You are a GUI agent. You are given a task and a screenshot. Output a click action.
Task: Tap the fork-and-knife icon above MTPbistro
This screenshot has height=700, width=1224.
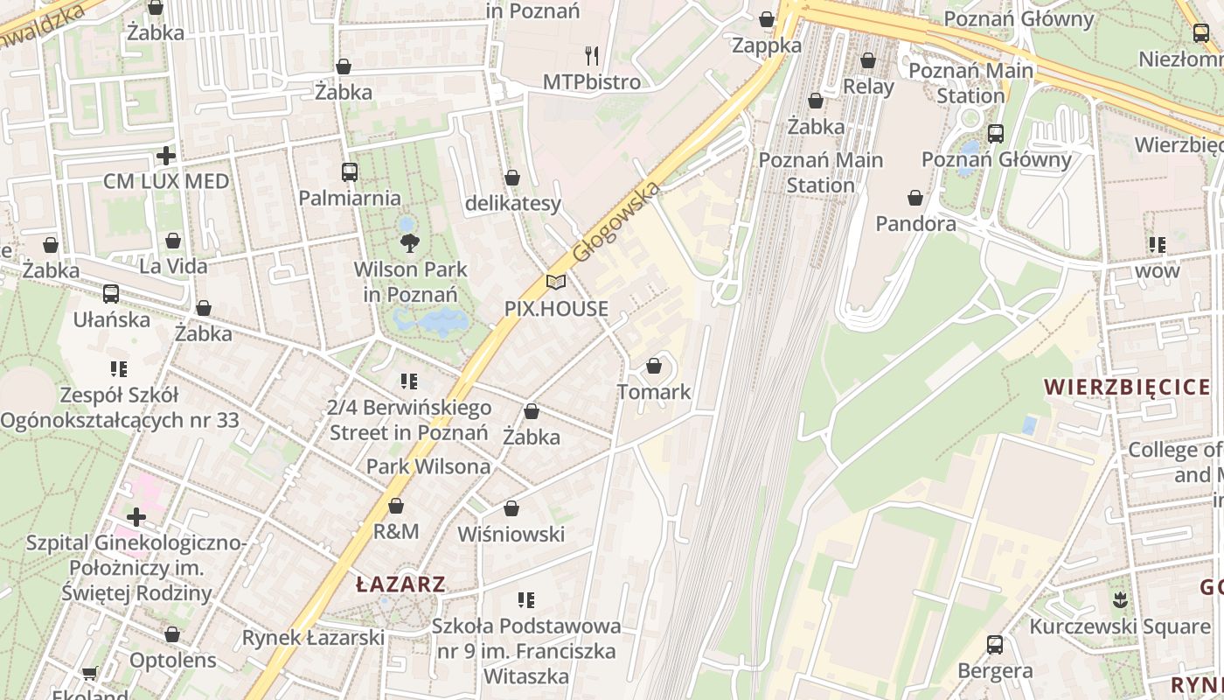(592, 56)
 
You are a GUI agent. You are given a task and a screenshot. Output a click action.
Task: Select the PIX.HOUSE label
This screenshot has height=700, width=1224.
(556, 309)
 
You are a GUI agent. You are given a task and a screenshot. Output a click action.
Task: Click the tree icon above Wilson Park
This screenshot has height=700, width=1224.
(407, 242)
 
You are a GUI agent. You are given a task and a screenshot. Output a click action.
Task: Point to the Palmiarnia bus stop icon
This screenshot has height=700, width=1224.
(350, 172)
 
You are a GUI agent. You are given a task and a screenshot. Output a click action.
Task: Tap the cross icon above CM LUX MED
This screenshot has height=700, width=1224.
(166, 156)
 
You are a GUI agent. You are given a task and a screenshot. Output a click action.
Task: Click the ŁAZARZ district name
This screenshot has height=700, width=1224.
(401, 584)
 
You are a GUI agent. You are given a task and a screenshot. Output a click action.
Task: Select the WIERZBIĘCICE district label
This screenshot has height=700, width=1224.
(1127, 387)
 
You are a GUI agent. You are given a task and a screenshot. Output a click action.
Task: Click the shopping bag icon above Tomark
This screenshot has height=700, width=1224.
(654, 366)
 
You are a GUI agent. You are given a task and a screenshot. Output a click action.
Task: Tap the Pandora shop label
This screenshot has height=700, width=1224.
(915, 224)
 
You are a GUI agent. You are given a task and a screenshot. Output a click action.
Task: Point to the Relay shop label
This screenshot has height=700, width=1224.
(868, 87)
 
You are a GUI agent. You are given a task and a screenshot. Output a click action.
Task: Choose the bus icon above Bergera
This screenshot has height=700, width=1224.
(994, 645)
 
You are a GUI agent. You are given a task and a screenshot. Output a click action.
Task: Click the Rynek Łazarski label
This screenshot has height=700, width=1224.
(313, 638)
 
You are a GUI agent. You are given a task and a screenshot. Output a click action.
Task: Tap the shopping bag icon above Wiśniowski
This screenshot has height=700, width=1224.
(511, 508)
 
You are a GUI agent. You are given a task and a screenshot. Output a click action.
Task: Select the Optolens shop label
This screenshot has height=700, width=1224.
(172, 660)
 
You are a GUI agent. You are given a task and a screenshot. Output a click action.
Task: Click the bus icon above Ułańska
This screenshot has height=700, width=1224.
(111, 294)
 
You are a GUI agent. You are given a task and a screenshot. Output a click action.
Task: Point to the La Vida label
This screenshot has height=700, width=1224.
(174, 266)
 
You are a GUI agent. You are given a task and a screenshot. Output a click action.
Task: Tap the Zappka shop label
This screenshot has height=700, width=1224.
(767, 45)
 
